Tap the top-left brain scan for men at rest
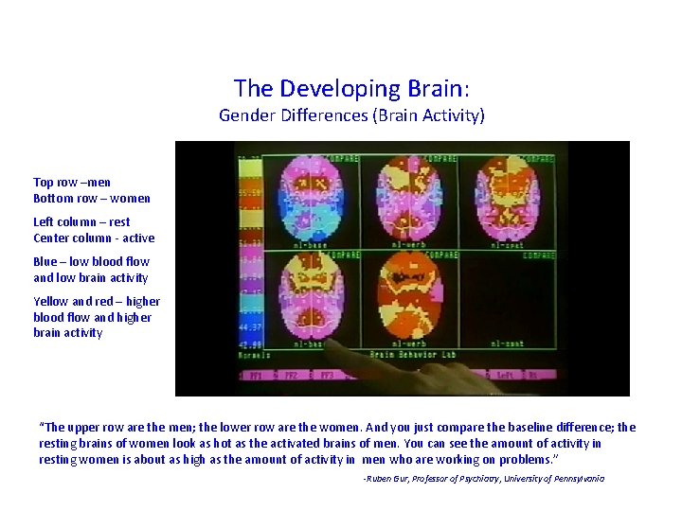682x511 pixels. pos(312,199)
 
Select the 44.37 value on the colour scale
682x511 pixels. pos(250,328)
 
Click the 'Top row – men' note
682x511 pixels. pos(72,182)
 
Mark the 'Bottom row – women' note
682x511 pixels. pos(92,199)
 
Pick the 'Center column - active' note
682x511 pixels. pos(94,238)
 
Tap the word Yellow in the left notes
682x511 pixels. pos(51,302)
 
